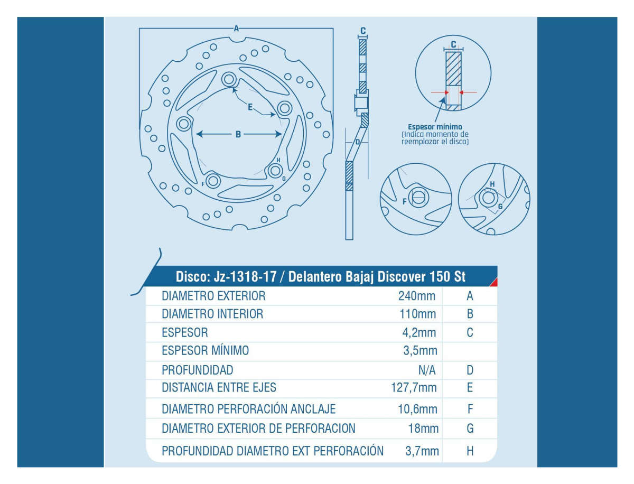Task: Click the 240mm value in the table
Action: click(416, 296)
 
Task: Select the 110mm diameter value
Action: click(417, 314)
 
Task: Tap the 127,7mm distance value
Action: click(414, 387)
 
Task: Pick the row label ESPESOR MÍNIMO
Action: click(205, 350)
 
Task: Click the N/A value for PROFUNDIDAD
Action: click(427, 370)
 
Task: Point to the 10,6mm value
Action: click(417, 409)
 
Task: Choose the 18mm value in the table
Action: click(423, 429)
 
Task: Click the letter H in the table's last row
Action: click(470, 451)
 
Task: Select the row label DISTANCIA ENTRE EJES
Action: click(219, 387)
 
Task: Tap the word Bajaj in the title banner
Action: click(359, 277)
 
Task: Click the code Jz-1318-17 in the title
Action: click(245, 277)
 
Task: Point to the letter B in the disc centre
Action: click(238, 134)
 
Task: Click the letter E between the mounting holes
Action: click(250, 107)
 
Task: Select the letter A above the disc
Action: click(236, 29)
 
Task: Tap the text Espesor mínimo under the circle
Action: click(435, 127)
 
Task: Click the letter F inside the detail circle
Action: click(405, 201)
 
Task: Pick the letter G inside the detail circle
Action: click(500, 206)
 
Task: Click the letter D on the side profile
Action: click(358, 142)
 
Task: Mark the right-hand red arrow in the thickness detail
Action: click(468, 92)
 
